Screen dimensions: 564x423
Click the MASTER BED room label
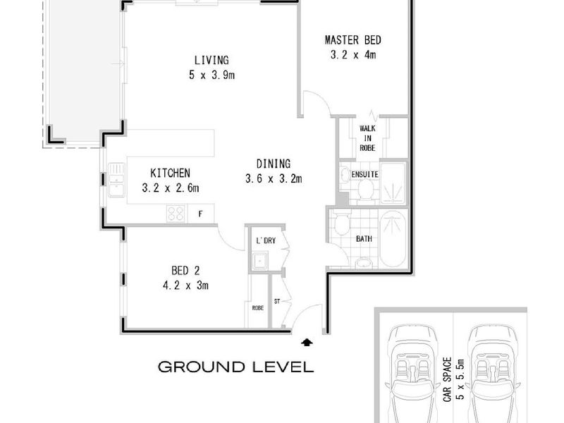point(353,40)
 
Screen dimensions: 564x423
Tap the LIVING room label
point(211,60)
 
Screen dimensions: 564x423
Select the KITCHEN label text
point(170,173)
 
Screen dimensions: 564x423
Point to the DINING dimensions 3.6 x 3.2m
point(274,179)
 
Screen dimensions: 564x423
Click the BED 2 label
point(185,271)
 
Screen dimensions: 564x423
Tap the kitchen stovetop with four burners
point(176,213)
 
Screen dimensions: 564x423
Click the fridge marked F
point(201,214)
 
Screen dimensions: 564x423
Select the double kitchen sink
point(116,180)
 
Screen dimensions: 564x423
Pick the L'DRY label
point(266,240)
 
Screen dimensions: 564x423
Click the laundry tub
point(259,261)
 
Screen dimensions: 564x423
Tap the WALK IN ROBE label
point(367,138)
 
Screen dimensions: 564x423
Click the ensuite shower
point(393,183)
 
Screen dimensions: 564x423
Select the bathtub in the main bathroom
point(393,239)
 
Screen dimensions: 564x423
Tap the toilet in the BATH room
point(341,222)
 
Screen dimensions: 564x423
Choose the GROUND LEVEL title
point(236,367)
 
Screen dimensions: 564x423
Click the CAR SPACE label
point(447,379)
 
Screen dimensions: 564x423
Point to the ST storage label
point(276,302)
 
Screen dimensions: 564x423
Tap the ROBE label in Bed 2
point(257,308)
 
